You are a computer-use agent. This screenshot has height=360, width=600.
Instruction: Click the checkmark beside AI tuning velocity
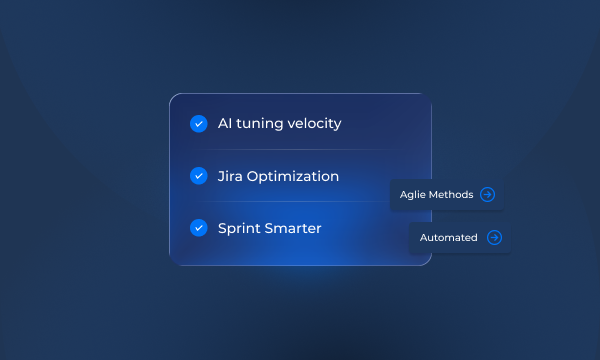(x=198, y=124)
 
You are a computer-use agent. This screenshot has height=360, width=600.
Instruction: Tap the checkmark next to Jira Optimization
(x=198, y=176)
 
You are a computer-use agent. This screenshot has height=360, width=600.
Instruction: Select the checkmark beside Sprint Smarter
(x=198, y=228)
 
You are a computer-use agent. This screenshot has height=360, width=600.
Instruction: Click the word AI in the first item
(x=226, y=124)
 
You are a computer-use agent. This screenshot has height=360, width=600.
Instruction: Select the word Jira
(x=231, y=176)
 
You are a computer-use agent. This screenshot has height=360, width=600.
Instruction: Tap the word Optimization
(x=294, y=177)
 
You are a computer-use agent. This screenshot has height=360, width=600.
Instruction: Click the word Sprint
(x=241, y=229)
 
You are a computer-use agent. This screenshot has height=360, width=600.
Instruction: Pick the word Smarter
(x=295, y=228)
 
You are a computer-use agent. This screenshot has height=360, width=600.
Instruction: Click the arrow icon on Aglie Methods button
(x=487, y=194)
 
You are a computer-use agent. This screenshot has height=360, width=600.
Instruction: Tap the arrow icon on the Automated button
(x=493, y=238)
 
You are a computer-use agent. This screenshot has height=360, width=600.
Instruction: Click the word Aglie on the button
(x=413, y=194)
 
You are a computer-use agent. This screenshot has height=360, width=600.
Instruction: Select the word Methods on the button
(x=451, y=194)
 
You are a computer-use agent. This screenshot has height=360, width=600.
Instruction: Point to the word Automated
(x=448, y=238)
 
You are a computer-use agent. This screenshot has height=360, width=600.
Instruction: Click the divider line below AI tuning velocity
(x=300, y=150)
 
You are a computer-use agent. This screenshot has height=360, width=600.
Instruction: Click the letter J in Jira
(x=221, y=176)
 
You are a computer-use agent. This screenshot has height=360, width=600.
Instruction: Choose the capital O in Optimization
(x=255, y=176)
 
